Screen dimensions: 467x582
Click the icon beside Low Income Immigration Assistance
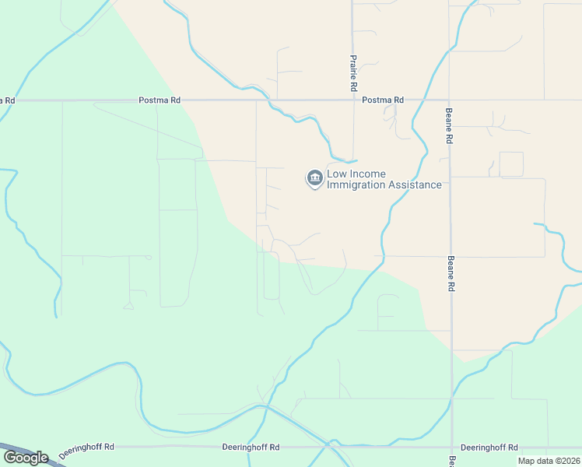tap(314, 179)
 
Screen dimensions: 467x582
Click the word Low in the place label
tap(337, 174)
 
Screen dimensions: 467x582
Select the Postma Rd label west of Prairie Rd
tap(159, 100)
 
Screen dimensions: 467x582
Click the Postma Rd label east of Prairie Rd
tap(383, 100)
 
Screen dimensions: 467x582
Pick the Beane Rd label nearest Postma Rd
tap(449, 125)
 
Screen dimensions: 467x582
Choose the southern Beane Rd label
tap(450, 273)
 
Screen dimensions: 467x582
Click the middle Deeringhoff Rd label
tap(251, 448)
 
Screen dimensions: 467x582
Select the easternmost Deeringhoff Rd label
tap(489, 448)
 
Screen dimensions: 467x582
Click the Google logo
tap(26, 458)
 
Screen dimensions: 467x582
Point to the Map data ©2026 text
tap(548, 461)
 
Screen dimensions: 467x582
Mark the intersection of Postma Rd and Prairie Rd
tap(354, 100)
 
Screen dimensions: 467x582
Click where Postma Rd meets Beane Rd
tap(451, 100)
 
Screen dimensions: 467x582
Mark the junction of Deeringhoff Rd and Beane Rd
tap(452, 448)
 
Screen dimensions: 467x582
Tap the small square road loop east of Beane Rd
tap(511, 164)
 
